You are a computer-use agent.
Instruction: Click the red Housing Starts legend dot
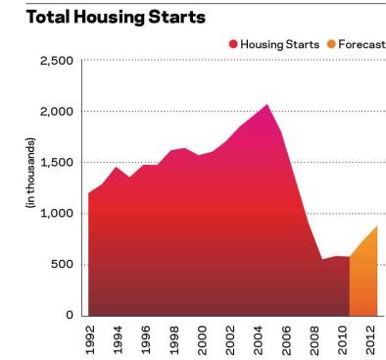point(233,43)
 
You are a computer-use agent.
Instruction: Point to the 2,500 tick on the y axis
point(55,61)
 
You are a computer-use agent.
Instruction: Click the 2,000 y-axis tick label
point(55,112)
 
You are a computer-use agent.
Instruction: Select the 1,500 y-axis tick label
point(56,163)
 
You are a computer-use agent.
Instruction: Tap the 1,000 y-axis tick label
point(56,214)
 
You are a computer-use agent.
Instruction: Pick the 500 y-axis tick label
point(62,265)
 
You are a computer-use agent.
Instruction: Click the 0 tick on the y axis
point(69,316)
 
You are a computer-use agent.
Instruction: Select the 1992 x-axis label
point(90,338)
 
